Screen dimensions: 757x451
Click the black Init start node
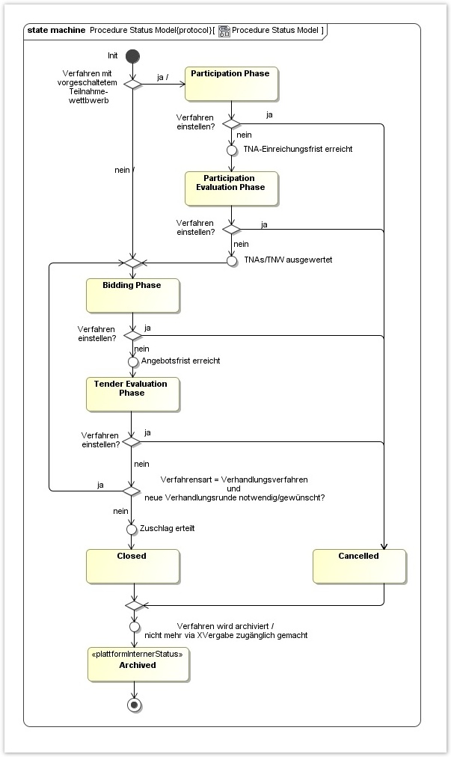point(132,56)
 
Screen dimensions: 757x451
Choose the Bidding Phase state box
point(132,295)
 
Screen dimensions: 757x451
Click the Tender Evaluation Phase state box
point(132,394)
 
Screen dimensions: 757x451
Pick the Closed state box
point(132,566)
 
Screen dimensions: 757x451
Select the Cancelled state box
point(359,566)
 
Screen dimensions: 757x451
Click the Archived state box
point(135,664)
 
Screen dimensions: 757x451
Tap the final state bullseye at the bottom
point(134,705)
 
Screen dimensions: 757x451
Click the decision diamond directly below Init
point(132,84)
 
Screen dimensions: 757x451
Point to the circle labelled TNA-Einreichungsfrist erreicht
point(232,149)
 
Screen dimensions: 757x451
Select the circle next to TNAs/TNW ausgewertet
point(232,261)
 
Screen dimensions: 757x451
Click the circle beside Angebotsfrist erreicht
point(132,361)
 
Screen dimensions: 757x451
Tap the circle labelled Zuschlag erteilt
point(132,529)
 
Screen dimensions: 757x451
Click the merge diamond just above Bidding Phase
point(132,263)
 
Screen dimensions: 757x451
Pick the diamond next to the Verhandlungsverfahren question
point(132,491)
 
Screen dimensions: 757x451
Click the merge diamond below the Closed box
point(134,604)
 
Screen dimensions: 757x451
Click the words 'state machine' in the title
point(55,31)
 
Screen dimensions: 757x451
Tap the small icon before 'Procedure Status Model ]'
point(224,31)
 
